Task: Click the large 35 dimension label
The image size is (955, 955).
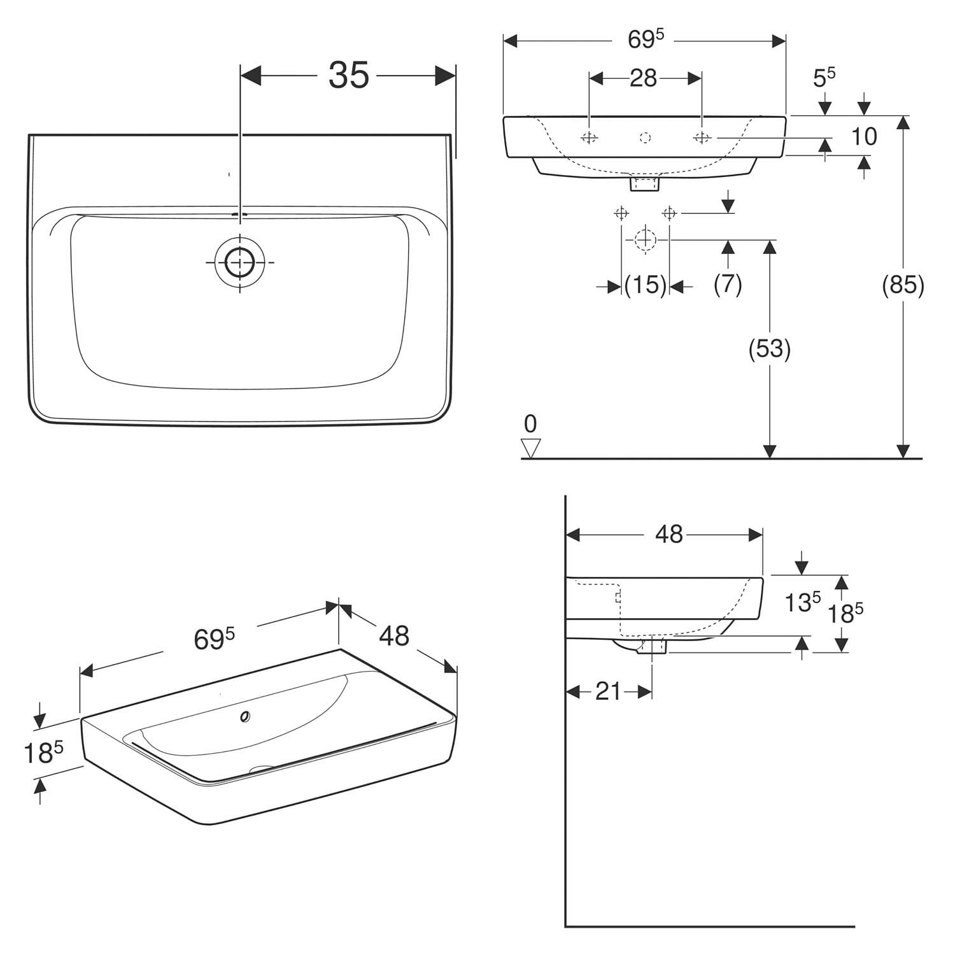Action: (349, 75)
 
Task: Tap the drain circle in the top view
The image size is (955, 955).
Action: (239, 262)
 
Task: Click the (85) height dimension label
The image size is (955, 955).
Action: (903, 285)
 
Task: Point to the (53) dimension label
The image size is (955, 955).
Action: (770, 348)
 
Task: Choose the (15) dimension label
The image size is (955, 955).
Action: (645, 285)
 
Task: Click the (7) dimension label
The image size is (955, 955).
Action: (728, 284)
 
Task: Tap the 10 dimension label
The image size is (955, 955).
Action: (864, 136)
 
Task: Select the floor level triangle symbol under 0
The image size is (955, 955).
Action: (530, 448)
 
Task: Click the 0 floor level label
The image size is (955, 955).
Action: (530, 423)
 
